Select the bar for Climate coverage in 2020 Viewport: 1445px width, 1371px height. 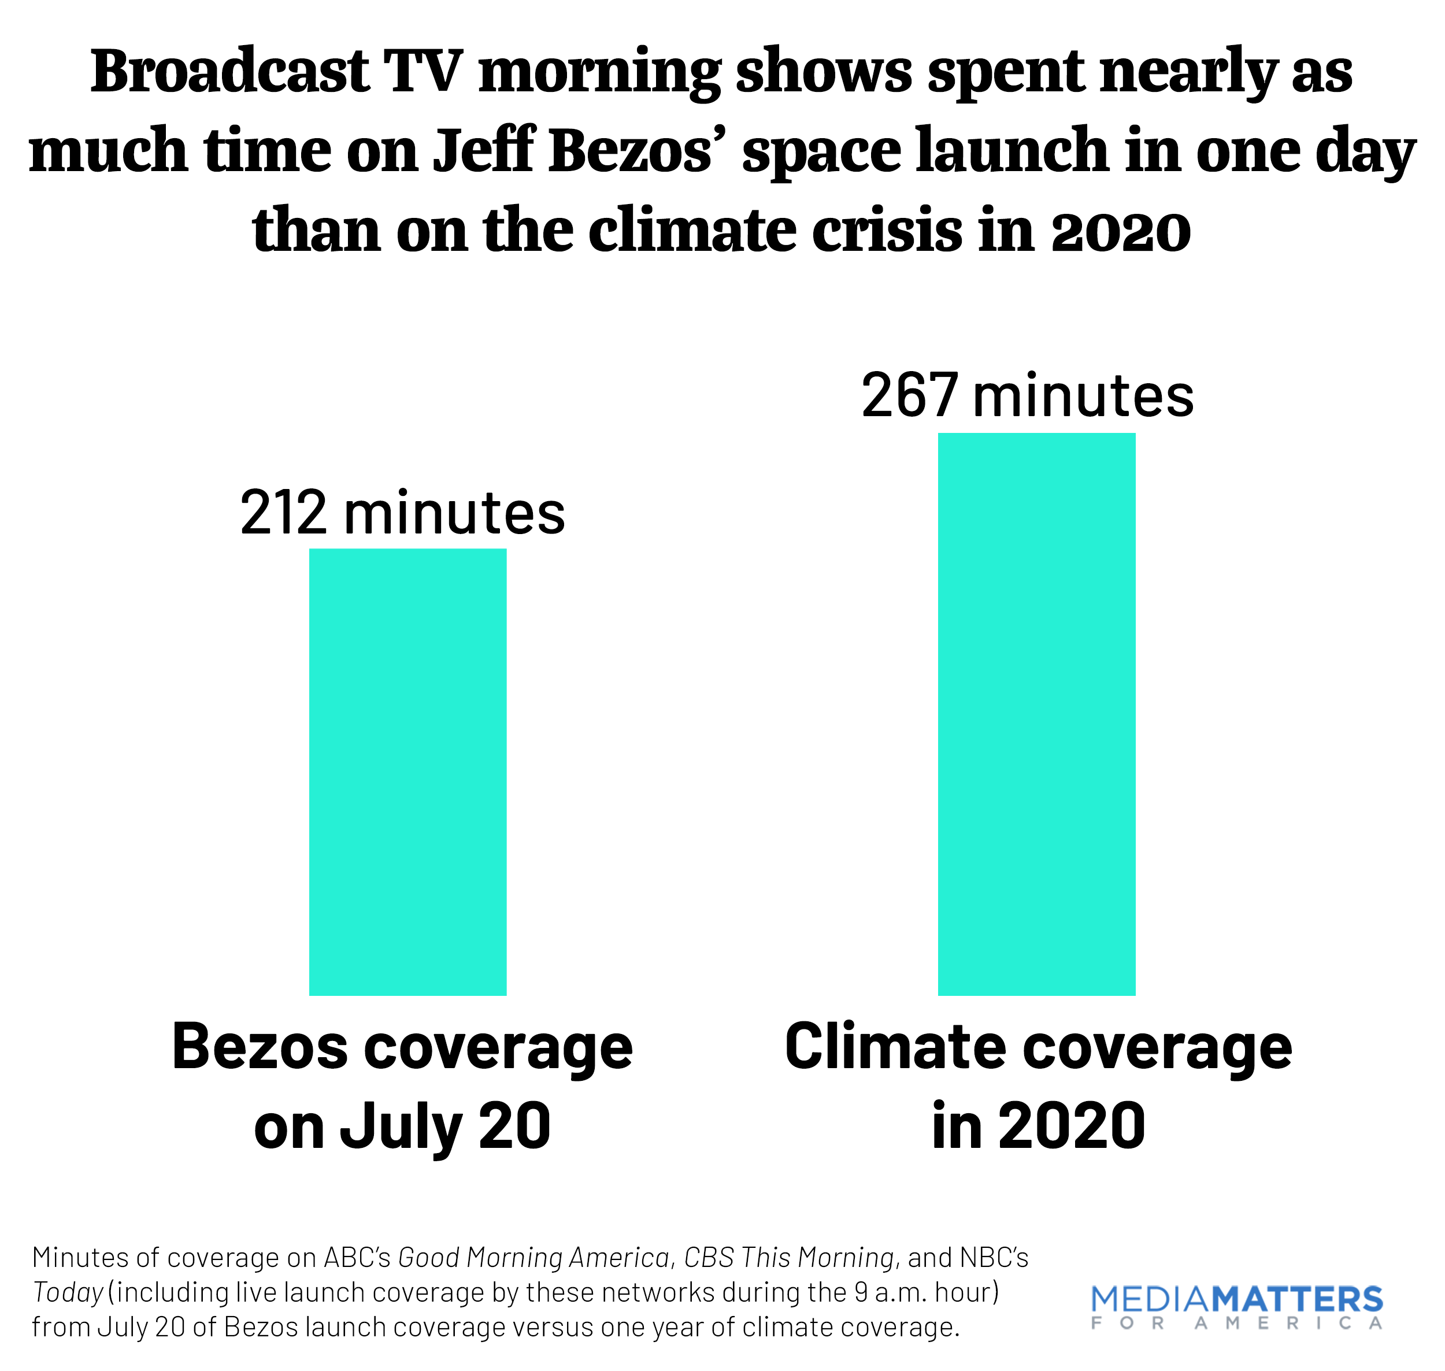[x=1036, y=714]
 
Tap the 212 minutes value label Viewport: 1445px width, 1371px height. [x=402, y=513]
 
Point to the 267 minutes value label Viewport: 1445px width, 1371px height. [x=1027, y=395]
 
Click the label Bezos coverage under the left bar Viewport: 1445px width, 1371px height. [x=402, y=1047]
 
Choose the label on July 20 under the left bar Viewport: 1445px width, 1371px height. [x=402, y=1126]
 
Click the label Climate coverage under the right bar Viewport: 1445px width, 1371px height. [x=1038, y=1047]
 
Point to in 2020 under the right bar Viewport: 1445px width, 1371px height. [x=1038, y=1126]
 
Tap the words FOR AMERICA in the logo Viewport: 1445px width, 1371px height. [x=1236, y=1324]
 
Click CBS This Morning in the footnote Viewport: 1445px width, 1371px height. [x=788, y=1258]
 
